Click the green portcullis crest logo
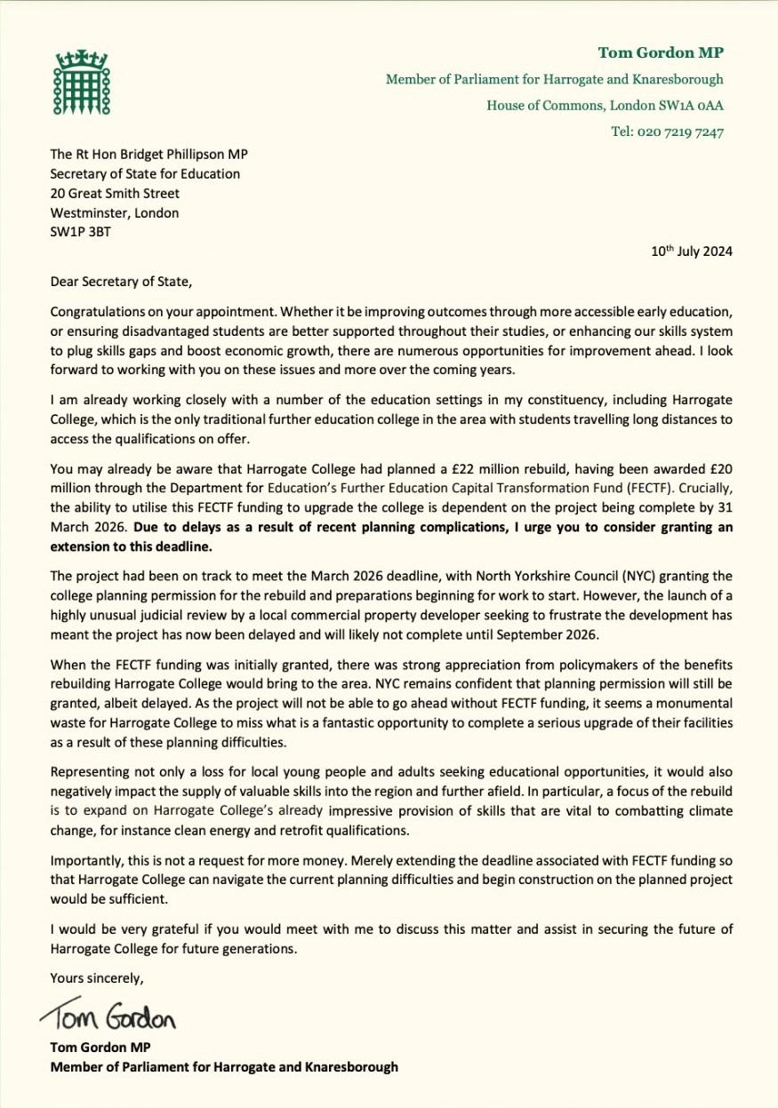(x=81, y=80)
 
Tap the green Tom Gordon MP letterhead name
(x=661, y=52)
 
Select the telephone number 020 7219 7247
(x=668, y=132)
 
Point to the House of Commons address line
(x=605, y=106)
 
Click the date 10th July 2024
(x=692, y=251)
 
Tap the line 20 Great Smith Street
(x=115, y=193)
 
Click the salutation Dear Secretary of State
(x=120, y=283)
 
